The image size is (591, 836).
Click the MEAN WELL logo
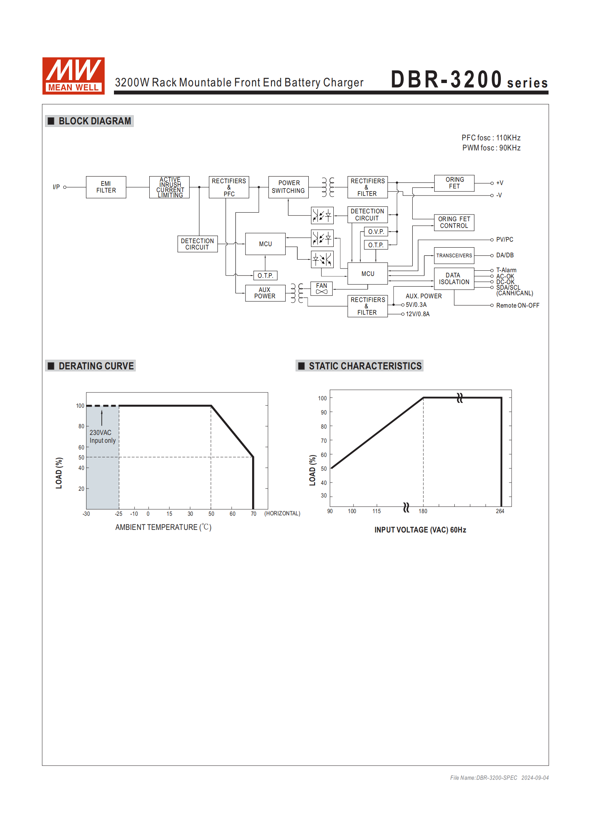tap(73, 76)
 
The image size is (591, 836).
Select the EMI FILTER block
tap(106, 187)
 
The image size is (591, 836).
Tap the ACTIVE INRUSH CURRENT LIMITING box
tap(170, 187)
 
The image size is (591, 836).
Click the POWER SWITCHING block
tap(288, 187)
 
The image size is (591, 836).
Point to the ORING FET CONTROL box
tap(454, 222)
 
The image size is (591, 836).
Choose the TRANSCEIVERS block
tap(454, 255)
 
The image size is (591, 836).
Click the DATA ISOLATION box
tap(454, 279)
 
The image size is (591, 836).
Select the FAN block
tap(321, 288)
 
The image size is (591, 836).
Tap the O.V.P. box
tap(376, 232)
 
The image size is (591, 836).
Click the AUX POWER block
tap(265, 293)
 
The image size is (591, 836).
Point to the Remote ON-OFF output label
tap(517, 305)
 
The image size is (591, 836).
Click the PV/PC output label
tap(505, 239)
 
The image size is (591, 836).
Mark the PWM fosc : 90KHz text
tap(491, 148)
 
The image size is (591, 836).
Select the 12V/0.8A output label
tap(417, 314)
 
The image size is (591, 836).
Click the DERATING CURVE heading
tap(96, 366)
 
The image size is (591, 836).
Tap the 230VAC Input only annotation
tap(102, 436)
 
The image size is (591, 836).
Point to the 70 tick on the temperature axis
tap(254, 514)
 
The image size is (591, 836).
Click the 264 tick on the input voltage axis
tap(500, 511)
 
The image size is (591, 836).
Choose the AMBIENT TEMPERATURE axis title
tap(163, 527)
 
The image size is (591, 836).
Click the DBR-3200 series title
tap(469, 80)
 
